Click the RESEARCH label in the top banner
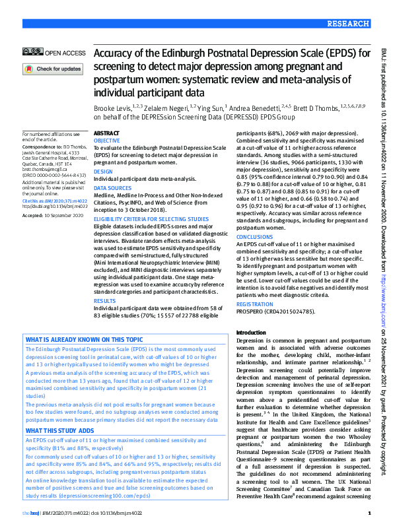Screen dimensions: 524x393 tap(347, 23)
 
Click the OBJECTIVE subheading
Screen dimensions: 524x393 tap(107, 141)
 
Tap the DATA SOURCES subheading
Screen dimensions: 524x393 tap(112, 187)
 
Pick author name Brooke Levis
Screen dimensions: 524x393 tap(111, 107)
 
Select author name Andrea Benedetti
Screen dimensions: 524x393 tap(254, 107)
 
